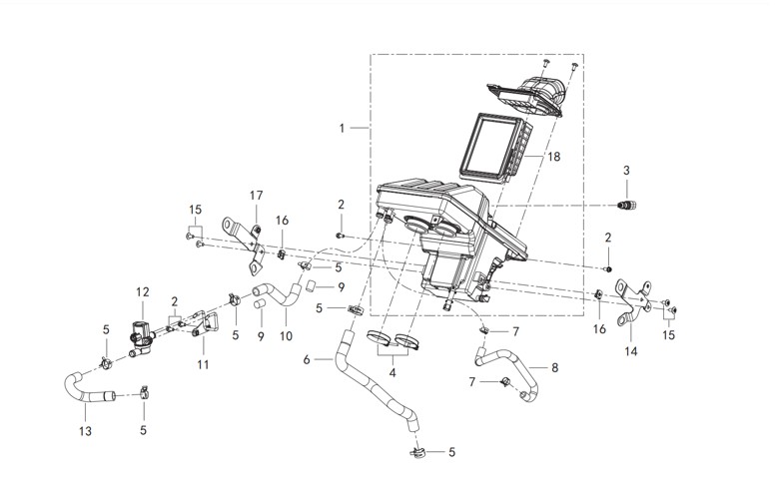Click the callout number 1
click(x=342, y=128)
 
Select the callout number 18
click(x=554, y=157)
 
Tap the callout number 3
click(x=626, y=171)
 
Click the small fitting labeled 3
click(x=627, y=205)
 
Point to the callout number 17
click(x=256, y=196)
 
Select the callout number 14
click(x=631, y=351)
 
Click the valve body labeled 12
click(x=141, y=333)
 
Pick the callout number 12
click(x=143, y=292)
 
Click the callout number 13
click(x=85, y=431)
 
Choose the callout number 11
click(x=203, y=364)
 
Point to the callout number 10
click(x=286, y=336)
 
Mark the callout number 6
click(x=307, y=359)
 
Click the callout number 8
click(x=554, y=367)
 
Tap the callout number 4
click(x=392, y=372)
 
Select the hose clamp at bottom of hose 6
click(x=417, y=451)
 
